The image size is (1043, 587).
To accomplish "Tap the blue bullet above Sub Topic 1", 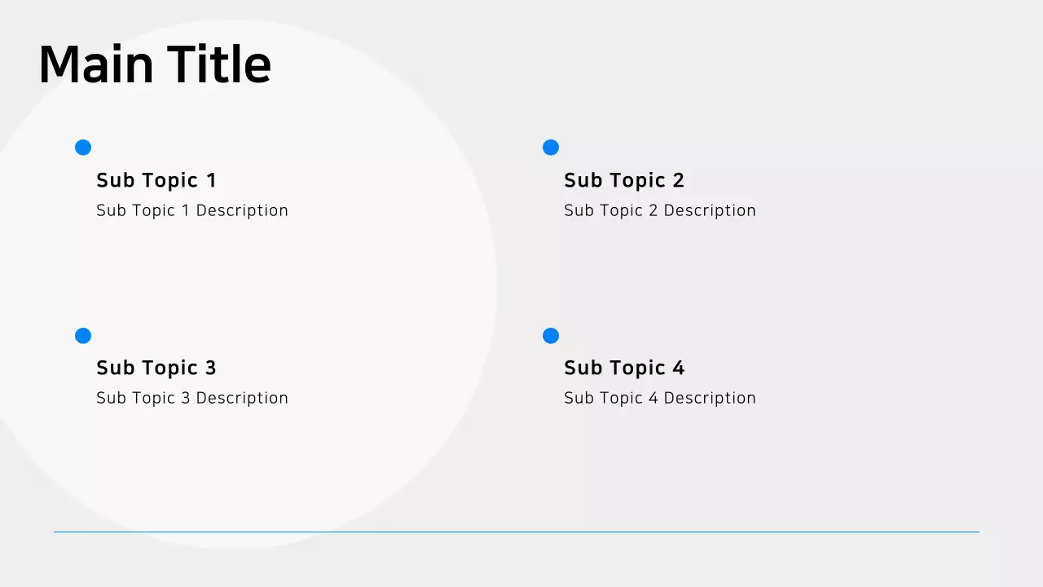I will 83,148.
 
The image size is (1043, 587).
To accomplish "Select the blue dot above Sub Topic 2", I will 551,148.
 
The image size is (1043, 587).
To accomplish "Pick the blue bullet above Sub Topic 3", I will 83,336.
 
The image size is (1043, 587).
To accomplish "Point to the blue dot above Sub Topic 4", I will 551,336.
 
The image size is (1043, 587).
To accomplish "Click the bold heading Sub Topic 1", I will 156,180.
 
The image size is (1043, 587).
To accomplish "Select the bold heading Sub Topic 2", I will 624,180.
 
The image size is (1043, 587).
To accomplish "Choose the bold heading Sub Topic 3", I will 156,368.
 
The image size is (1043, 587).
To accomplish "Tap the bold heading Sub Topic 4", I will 624,368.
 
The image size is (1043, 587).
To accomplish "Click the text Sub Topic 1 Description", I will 192,210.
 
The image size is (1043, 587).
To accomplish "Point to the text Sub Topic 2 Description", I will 660,210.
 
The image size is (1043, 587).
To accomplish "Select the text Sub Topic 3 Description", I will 192,398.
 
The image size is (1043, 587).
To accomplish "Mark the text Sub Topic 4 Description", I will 660,398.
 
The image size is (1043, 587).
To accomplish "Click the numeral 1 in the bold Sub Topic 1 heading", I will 211,180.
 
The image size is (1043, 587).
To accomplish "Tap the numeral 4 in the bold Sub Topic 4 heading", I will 679,368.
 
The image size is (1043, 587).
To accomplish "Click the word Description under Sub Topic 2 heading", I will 710,210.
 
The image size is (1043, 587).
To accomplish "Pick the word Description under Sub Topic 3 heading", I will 242,398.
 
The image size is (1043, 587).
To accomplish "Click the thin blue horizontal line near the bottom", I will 516,532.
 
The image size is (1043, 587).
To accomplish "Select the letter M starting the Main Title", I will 59,64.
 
